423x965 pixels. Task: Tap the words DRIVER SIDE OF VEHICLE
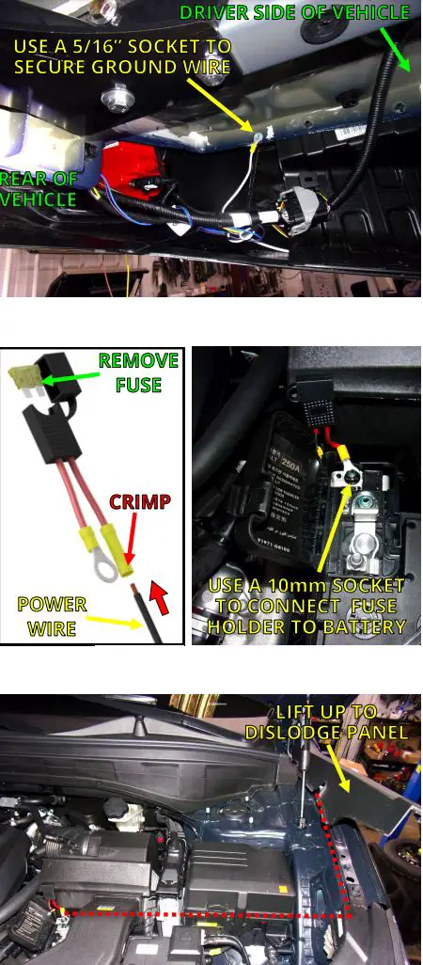click(x=294, y=12)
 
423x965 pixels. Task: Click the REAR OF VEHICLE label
click(x=38, y=189)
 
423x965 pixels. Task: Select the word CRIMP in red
click(x=140, y=501)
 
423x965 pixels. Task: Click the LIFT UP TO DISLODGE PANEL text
click(x=326, y=722)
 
